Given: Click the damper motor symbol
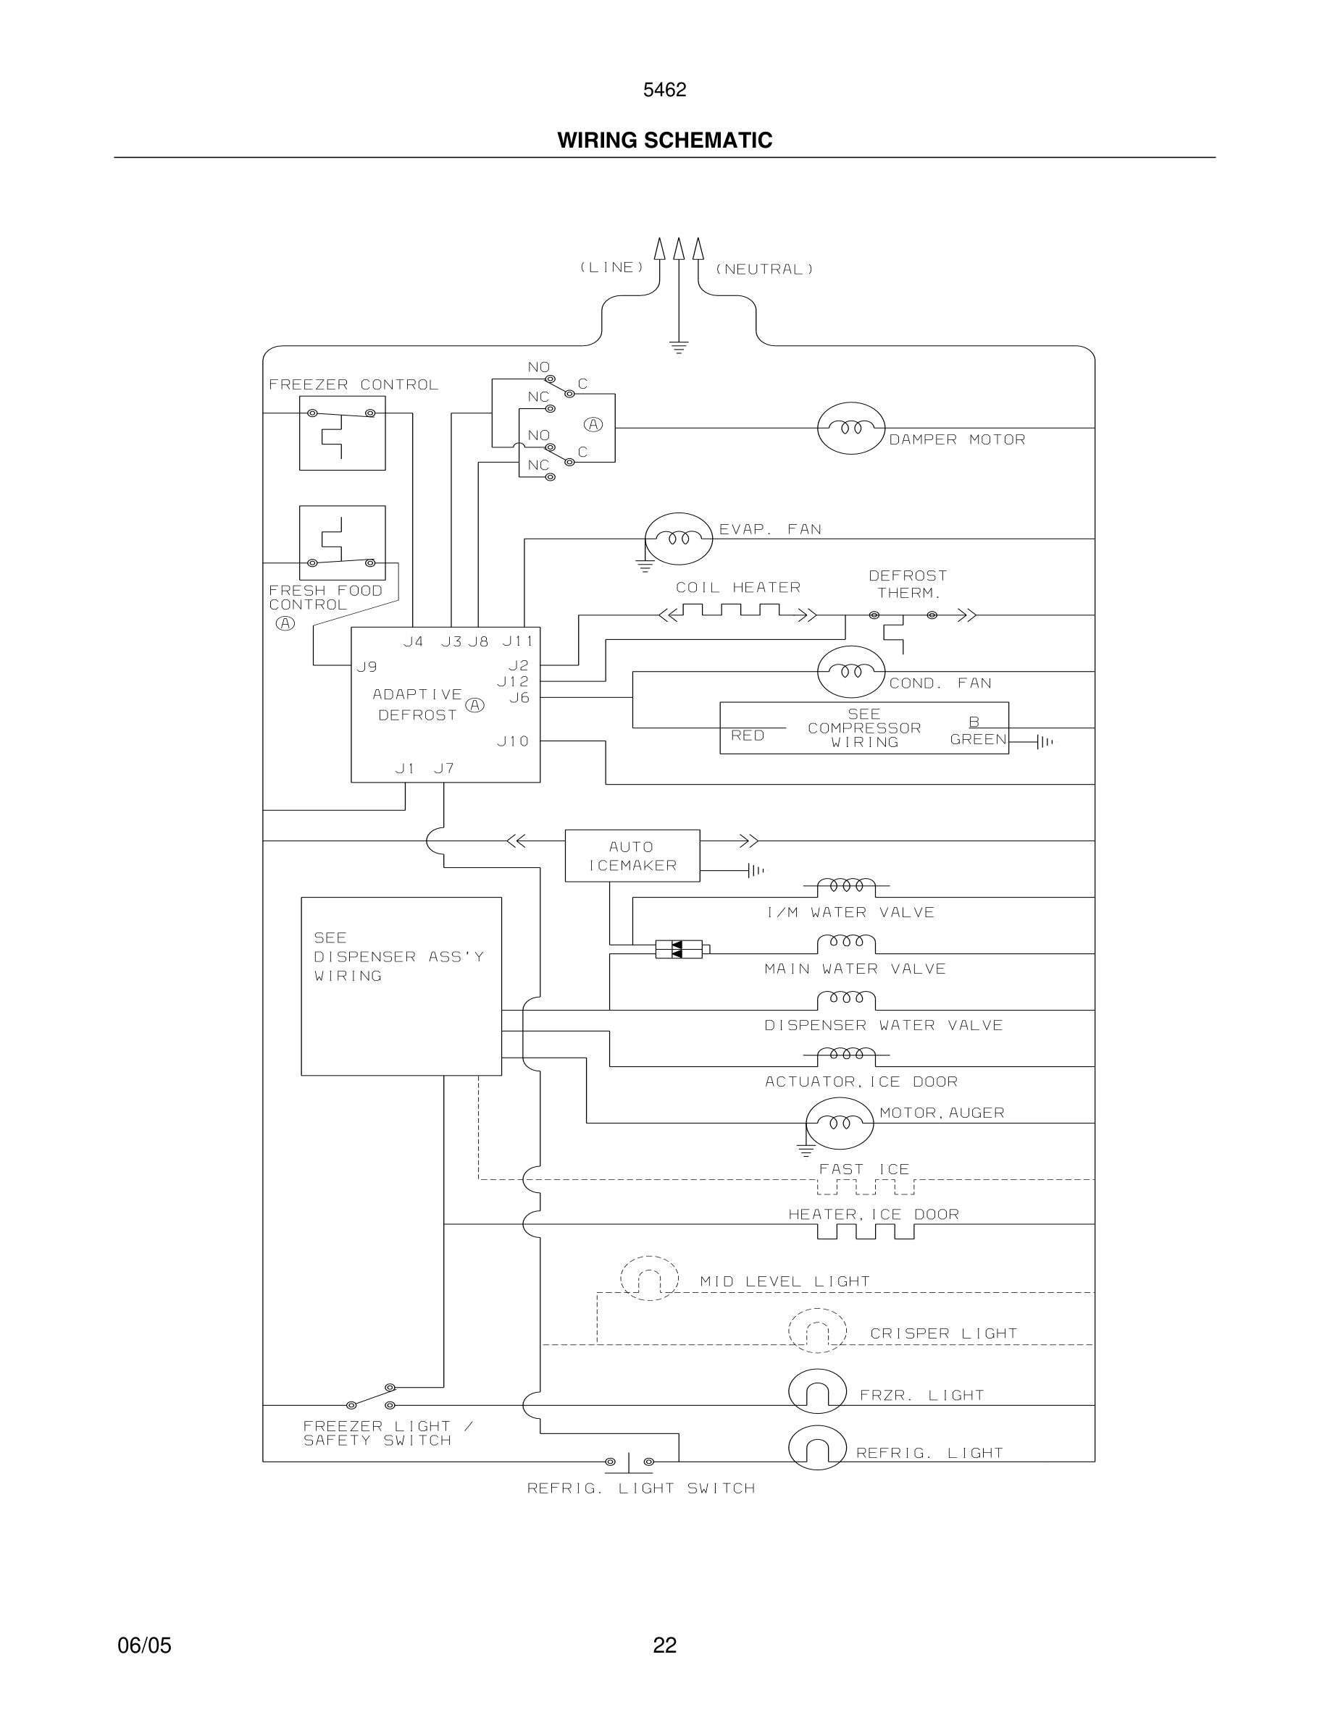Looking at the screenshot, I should pyautogui.click(x=851, y=429).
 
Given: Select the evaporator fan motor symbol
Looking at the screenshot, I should pyautogui.click(x=678, y=539).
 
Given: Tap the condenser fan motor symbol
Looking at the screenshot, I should pyautogui.click(x=851, y=672).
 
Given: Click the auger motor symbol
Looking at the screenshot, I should pyautogui.click(x=840, y=1123).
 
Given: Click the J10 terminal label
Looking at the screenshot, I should pyautogui.click(x=513, y=741).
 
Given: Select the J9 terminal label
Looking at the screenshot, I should pyautogui.click(x=367, y=667).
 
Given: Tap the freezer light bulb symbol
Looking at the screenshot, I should pyautogui.click(x=817, y=1391).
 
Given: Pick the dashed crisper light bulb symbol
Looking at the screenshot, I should pyautogui.click(x=817, y=1331).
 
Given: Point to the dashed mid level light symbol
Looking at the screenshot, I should pyautogui.click(x=649, y=1278).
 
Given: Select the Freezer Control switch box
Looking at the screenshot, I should pyautogui.click(x=342, y=433).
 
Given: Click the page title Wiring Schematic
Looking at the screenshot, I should pyautogui.click(x=664, y=140).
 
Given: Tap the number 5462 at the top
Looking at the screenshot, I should pyautogui.click(x=664, y=90).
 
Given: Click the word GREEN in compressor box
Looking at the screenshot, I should pyautogui.click(x=978, y=740).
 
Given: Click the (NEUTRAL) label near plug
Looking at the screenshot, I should pyautogui.click(x=764, y=269).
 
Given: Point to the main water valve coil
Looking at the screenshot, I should pyautogui.click(x=846, y=943).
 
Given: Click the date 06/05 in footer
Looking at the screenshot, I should pyautogui.click(x=144, y=1645).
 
